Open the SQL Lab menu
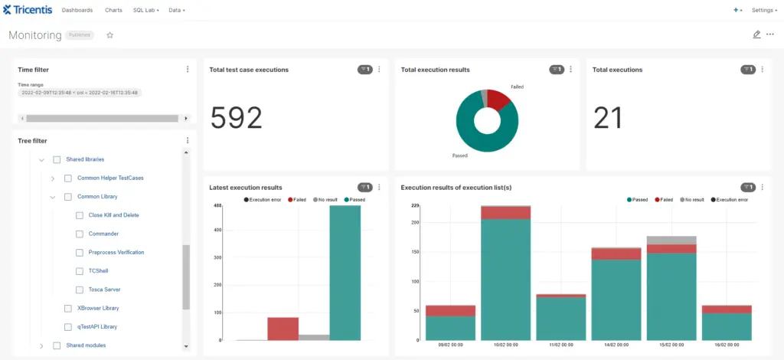145,11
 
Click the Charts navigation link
113,11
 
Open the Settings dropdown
763,11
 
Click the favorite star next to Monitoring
109,35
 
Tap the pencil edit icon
756,34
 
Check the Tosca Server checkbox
80,290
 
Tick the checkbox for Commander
80,234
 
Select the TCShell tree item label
99,271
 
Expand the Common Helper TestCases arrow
53,178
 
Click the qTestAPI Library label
97,327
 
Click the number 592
236,118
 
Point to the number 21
608,118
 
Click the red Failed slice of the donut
499,100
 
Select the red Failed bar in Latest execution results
283,329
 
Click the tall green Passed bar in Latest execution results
345,273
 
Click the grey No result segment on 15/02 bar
671,240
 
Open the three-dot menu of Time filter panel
188,70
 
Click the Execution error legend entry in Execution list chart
730,199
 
